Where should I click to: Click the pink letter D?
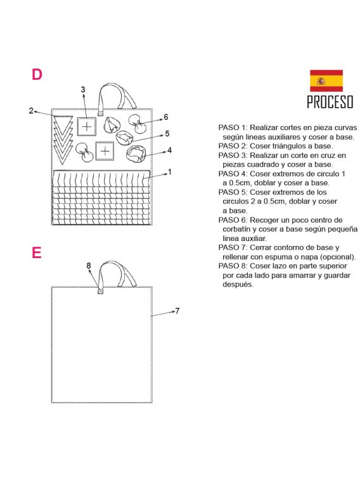tap(37, 74)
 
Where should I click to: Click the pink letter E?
tap(36, 252)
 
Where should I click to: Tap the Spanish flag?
tap(326, 81)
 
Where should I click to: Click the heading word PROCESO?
tap(330, 102)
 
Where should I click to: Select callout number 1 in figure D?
tap(170, 172)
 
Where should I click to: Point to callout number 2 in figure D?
tap(31, 110)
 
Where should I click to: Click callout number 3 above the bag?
tap(83, 89)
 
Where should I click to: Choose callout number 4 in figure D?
tap(169, 150)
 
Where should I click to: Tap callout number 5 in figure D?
tap(167, 133)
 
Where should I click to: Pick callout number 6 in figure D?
tap(166, 117)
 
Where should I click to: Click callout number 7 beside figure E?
tap(177, 311)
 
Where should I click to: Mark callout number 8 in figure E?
tap(89, 265)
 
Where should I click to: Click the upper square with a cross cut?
tap(87, 126)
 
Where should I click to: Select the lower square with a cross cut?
tap(105, 151)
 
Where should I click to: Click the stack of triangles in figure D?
tap(63, 139)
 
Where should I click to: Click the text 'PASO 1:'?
tap(233, 127)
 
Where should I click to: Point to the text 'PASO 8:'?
tap(233, 266)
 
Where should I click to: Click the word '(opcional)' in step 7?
tap(339, 257)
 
